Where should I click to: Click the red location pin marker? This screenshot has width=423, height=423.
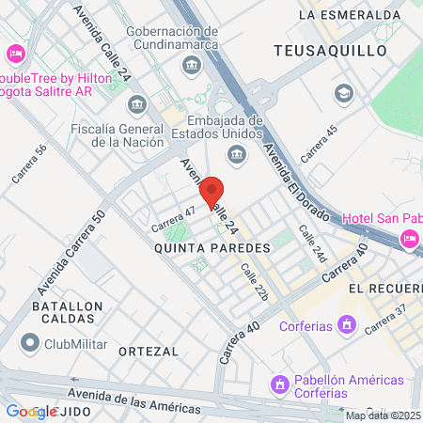[212, 192]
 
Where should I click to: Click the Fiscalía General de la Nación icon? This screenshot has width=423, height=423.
[136, 102]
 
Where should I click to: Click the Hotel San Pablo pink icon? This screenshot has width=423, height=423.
[410, 240]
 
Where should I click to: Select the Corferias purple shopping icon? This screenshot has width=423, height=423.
[347, 325]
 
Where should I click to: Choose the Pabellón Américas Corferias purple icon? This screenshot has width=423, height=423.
[279, 384]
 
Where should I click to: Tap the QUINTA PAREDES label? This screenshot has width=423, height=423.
[212, 247]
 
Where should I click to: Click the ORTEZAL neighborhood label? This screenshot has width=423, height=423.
[149, 351]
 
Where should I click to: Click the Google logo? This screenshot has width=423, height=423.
[31, 411]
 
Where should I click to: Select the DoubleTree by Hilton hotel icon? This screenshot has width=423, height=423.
[14, 54]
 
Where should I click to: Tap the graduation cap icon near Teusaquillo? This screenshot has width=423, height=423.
[343, 93]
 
